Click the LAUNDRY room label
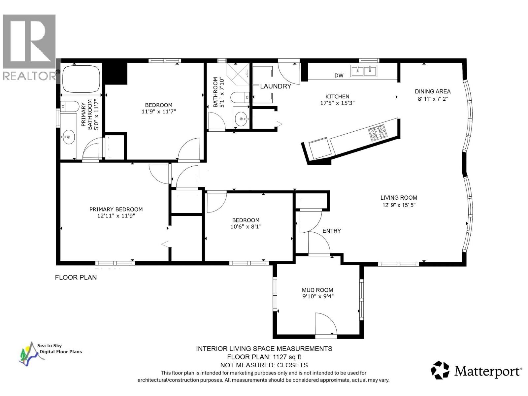pyautogui.click(x=276, y=86)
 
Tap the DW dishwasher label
pyautogui.click(x=339, y=75)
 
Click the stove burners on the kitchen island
pyautogui.click(x=378, y=133)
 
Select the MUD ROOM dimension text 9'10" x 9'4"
pyautogui.click(x=317, y=296)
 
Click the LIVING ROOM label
pyautogui.click(x=399, y=198)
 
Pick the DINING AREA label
pyautogui.click(x=433, y=91)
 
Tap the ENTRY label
pyautogui.click(x=331, y=231)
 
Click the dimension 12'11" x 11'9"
pyautogui.click(x=116, y=216)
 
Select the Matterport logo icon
pyautogui.click(x=440, y=370)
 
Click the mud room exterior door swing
pyautogui.click(x=325, y=325)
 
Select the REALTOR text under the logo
pyautogui.click(x=29, y=76)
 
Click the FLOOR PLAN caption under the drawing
pyautogui.click(x=76, y=278)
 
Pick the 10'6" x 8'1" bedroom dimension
pyautogui.click(x=246, y=227)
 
